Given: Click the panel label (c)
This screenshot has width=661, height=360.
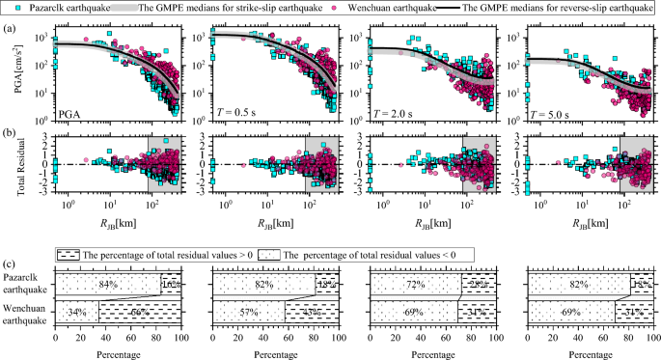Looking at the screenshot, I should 10,253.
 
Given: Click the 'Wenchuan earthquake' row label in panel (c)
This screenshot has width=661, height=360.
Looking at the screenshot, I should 26,313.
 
